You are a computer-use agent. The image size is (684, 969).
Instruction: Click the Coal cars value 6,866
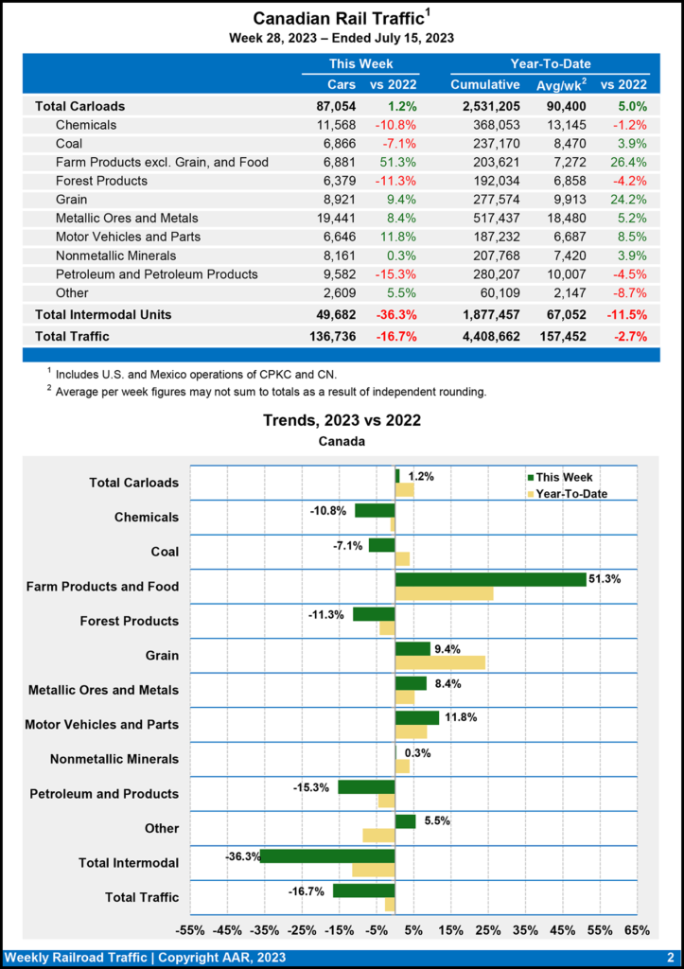pyautogui.click(x=336, y=144)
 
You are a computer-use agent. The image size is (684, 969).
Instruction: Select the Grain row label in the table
pyautogui.click(x=72, y=200)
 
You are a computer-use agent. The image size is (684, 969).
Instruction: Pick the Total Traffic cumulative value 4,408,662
pyautogui.click(x=485, y=336)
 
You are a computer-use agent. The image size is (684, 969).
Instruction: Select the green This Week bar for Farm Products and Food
pyautogui.click(x=490, y=579)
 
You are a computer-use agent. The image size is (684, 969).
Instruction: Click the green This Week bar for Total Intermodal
pyautogui.click(x=327, y=855)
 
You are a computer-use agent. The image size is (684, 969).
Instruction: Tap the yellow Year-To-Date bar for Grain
pyautogui.click(x=440, y=662)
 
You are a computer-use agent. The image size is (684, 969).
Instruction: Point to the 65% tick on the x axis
pyautogui.click(x=637, y=930)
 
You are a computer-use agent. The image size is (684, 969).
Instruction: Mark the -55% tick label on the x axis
pyautogui.click(x=190, y=930)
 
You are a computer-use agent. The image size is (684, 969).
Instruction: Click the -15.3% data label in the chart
pyautogui.click(x=313, y=787)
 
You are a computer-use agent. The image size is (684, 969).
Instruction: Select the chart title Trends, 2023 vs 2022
pyautogui.click(x=342, y=421)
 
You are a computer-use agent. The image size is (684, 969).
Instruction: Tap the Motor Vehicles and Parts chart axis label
pyautogui.click(x=102, y=725)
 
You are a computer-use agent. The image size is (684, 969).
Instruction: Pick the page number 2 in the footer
pyautogui.click(x=670, y=958)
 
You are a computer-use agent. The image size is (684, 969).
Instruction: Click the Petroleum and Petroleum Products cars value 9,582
pyautogui.click(x=336, y=274)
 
